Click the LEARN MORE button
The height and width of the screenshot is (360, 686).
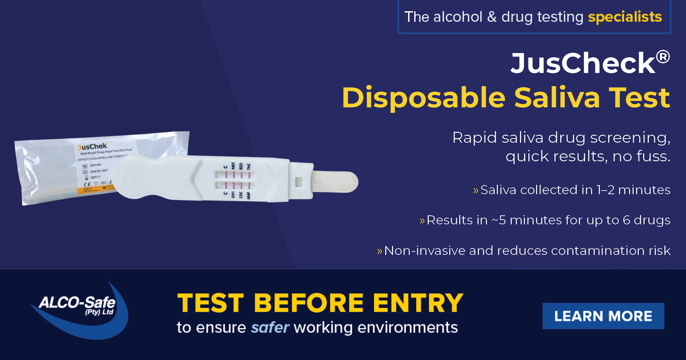603,316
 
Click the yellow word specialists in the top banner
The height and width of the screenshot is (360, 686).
625,17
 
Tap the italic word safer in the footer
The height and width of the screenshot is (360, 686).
270,328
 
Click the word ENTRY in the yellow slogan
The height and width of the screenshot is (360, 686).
418,303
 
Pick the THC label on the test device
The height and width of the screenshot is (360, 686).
249,166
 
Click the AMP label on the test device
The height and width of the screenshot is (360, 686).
248,195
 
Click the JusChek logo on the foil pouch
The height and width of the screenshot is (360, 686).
93,147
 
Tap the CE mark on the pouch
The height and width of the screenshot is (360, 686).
87,184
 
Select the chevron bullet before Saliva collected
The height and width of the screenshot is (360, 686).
476,191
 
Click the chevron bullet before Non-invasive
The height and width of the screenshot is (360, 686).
380,251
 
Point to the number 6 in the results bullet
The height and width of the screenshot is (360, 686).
626,220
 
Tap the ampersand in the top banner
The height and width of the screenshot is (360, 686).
492,17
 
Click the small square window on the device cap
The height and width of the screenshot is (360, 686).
298,181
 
